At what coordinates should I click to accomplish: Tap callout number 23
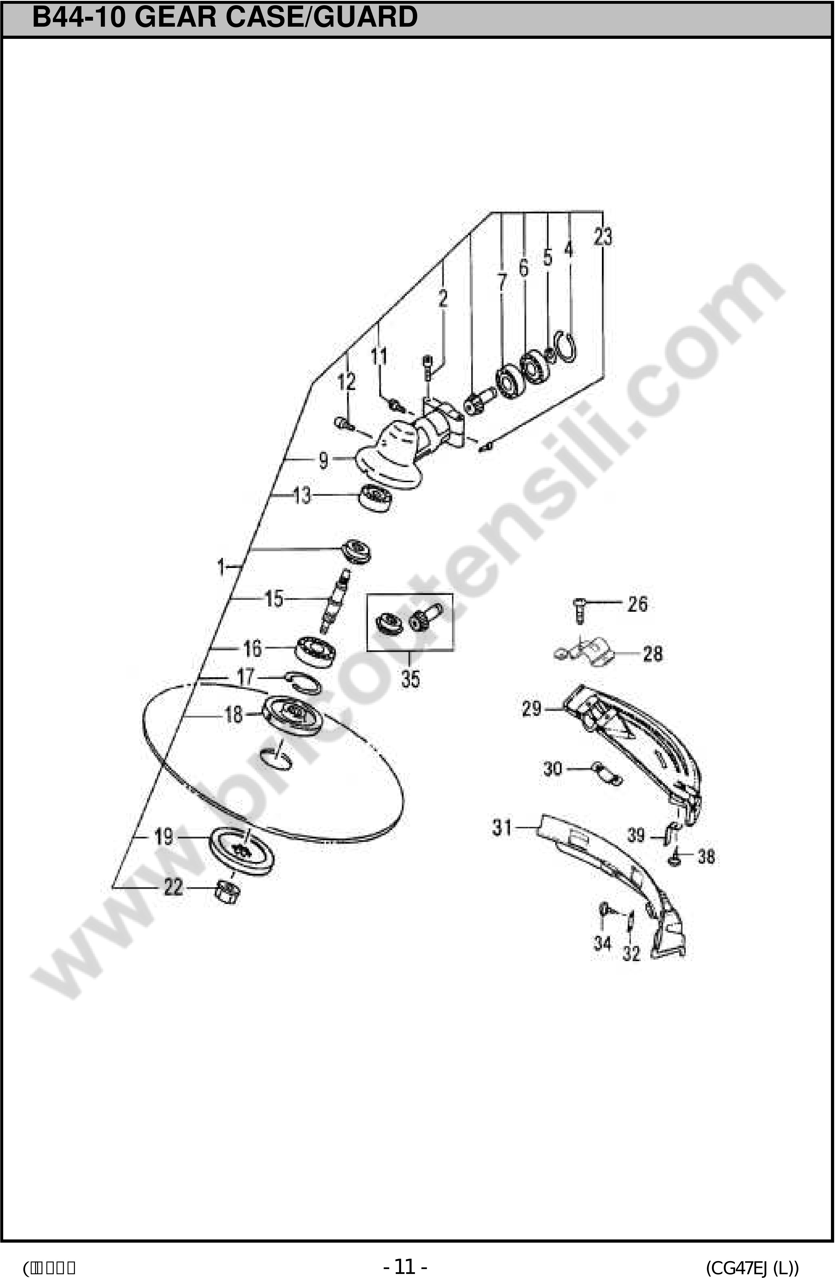602,237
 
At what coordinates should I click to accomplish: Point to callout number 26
637,604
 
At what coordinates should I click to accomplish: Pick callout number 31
502,827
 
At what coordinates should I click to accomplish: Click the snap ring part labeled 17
303,682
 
